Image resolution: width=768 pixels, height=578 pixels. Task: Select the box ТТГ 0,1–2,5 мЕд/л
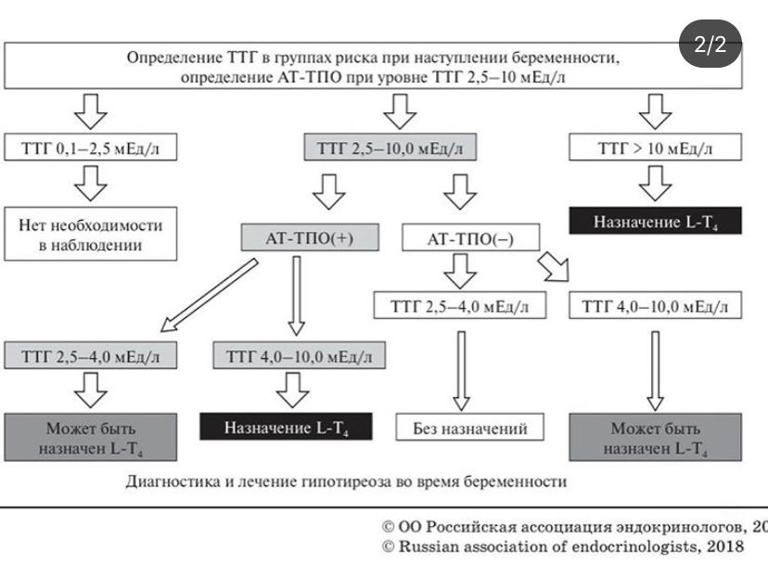point(91,148)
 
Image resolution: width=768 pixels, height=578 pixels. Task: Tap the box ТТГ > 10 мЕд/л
point(655,148)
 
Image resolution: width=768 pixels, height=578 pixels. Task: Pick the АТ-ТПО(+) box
point(297,238)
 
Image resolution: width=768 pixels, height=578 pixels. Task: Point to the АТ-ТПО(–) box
point(470,238)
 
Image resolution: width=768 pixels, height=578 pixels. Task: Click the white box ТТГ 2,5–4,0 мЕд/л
point(459,305)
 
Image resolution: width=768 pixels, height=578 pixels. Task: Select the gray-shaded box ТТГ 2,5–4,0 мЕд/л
point(92,355)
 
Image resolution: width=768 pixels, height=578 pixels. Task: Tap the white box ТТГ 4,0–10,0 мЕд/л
point(655,305)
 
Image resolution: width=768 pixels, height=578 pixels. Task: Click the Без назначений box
point(469,428)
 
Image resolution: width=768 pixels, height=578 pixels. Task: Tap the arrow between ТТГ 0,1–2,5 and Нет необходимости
point(91,182)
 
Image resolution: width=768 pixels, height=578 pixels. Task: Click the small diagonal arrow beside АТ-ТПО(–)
point(555,268)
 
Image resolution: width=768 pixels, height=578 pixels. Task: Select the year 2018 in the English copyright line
point(724,546)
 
